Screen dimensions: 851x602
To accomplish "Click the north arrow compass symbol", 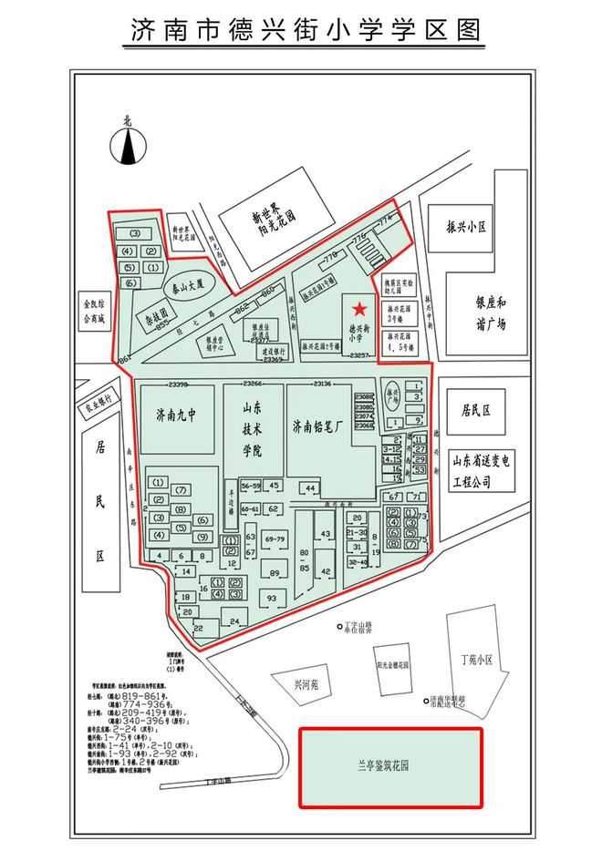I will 129,144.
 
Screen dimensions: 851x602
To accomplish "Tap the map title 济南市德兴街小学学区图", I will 302,31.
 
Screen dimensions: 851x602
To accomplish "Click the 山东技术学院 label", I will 252,431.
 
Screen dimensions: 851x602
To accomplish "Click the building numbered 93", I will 270,598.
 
